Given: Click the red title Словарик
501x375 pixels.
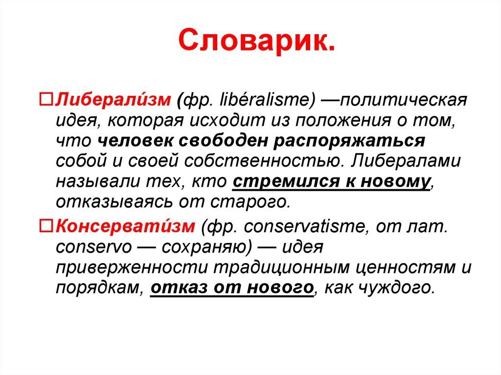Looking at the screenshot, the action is pyautogui.click(x=256, y=40).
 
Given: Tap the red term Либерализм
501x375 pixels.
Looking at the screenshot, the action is pyautogui.click(x=113, y=99).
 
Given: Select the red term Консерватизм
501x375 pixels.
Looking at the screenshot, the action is pyautogui.click(x=125, y=226).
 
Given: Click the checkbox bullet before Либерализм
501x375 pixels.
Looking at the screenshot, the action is pyautogui.click(x=46, y=99).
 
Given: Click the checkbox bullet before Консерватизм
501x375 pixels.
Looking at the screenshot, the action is pyautogui.click(x=46, y=226).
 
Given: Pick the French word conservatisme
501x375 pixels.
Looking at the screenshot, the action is pyautogui.click(x=304, y=226).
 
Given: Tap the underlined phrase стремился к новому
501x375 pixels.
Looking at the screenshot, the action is pyautogui.click(x=331, y=182).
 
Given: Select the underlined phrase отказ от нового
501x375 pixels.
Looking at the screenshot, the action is pyautogui.click(x=232, y=287).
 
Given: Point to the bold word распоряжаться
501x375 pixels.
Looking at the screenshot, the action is pyautogui.click(x=349, y=142).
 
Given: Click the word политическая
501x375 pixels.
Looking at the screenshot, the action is pyautogui.click(x=403, y=100).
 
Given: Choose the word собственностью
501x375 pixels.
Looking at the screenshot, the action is pyautogui.click(x=263, y=161).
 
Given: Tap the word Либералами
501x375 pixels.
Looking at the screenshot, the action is pyautogui.click(x=406, y=162).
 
